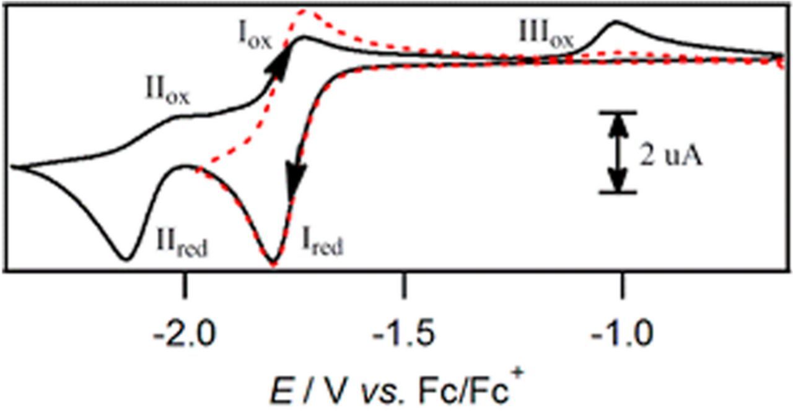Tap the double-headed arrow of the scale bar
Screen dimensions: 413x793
[617, 152]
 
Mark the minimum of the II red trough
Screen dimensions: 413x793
[126, 258]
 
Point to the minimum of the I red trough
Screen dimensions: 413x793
[273, 264]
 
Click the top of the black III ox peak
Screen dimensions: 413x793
[616, 22]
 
